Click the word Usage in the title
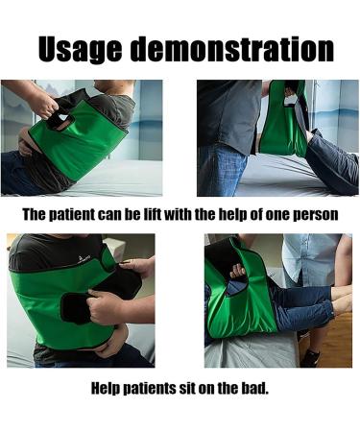80,49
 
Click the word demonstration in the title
232,49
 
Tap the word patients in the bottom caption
150,388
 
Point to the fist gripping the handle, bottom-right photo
237,271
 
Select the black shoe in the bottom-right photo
310,358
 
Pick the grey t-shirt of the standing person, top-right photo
229,115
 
